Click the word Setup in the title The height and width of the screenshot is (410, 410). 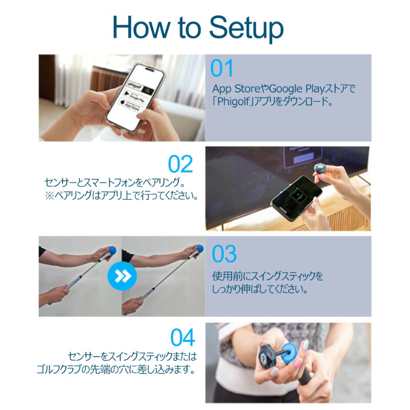click(247, 29)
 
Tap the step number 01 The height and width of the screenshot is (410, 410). click(222, 68)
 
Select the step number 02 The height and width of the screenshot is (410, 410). click(180, 164)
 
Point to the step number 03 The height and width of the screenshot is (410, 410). click(224, 254)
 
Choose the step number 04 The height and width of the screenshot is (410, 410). click(183, 338)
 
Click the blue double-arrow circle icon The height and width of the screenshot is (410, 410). click(122, 276)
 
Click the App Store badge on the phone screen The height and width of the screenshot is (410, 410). click(130, 105)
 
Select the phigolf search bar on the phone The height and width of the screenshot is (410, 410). click(140, 88)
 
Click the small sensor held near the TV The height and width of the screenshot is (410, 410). click(320, 168)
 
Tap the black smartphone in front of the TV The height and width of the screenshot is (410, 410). click(296, 198)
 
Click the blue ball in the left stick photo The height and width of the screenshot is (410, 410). click(112, 250)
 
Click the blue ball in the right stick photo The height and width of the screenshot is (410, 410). click(200, 249)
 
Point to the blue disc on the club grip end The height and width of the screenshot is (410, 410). click(289, 353)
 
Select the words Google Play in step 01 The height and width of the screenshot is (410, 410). click(297, 89)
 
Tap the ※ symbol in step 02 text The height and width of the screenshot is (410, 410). click(49, 196)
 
